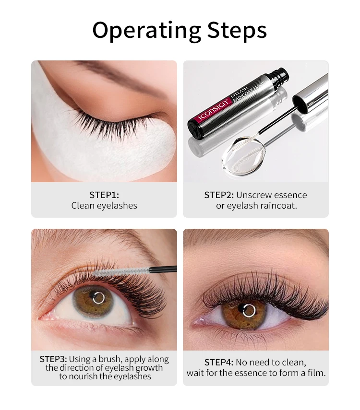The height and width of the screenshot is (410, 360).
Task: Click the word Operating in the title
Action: (x=147, y=30)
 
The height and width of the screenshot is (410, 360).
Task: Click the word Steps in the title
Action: (x=237, y=30)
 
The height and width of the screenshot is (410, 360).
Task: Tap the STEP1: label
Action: (x=104, y=195)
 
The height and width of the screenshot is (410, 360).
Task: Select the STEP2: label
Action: (x=219, y=195)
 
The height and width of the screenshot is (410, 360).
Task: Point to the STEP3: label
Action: (x=53, y=359)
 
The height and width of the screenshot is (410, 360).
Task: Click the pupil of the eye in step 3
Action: (x=99, y=298)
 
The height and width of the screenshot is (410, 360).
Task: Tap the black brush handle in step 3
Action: (x=163, y=269)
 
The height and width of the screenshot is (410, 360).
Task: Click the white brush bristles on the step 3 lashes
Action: (x=120, y=272)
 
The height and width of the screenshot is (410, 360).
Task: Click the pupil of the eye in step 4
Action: (x=249, y=310)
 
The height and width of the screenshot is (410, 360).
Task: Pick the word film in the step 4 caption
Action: (x=317, y=373)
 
